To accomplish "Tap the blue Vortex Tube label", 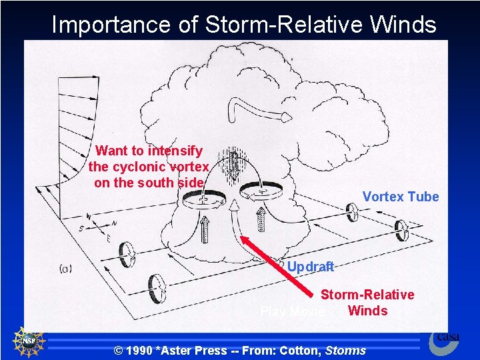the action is [x=401, y=197].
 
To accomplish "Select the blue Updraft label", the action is [x=311, y=267].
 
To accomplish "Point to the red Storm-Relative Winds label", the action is [x=367, y=303].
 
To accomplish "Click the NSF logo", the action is [x=29, y=341].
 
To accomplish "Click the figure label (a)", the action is [x=65, y=269].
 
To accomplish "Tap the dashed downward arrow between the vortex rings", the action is [x=233, y=166].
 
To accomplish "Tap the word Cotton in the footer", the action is [x=303, y=350].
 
